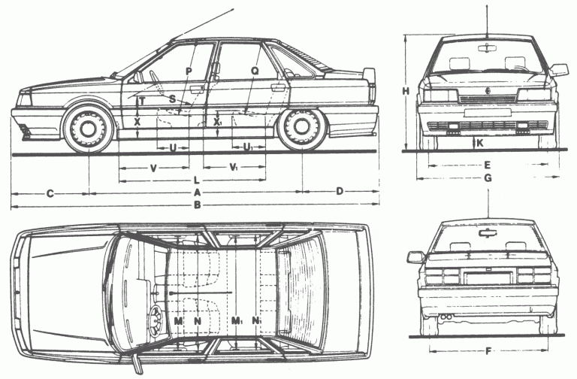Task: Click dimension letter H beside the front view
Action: tap(406, 91)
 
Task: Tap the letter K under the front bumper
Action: tap(480, 143)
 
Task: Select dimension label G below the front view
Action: tap(488, 178)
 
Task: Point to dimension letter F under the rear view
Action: tap(488, 351)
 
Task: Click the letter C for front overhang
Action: tap(50, 193)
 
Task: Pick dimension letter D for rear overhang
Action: tap(340, 191)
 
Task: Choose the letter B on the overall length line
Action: tap(198, 205)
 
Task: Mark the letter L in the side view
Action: tap(197, 180)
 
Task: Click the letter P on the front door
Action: tap(189, 71)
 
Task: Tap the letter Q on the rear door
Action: tap(255, 71)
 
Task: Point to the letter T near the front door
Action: tap(143, 101)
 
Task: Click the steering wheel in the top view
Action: tap(156, 321)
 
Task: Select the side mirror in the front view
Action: tap(559, 70)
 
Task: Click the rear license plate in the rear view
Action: tap(488, 277)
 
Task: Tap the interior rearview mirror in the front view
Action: tap(488, 47)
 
